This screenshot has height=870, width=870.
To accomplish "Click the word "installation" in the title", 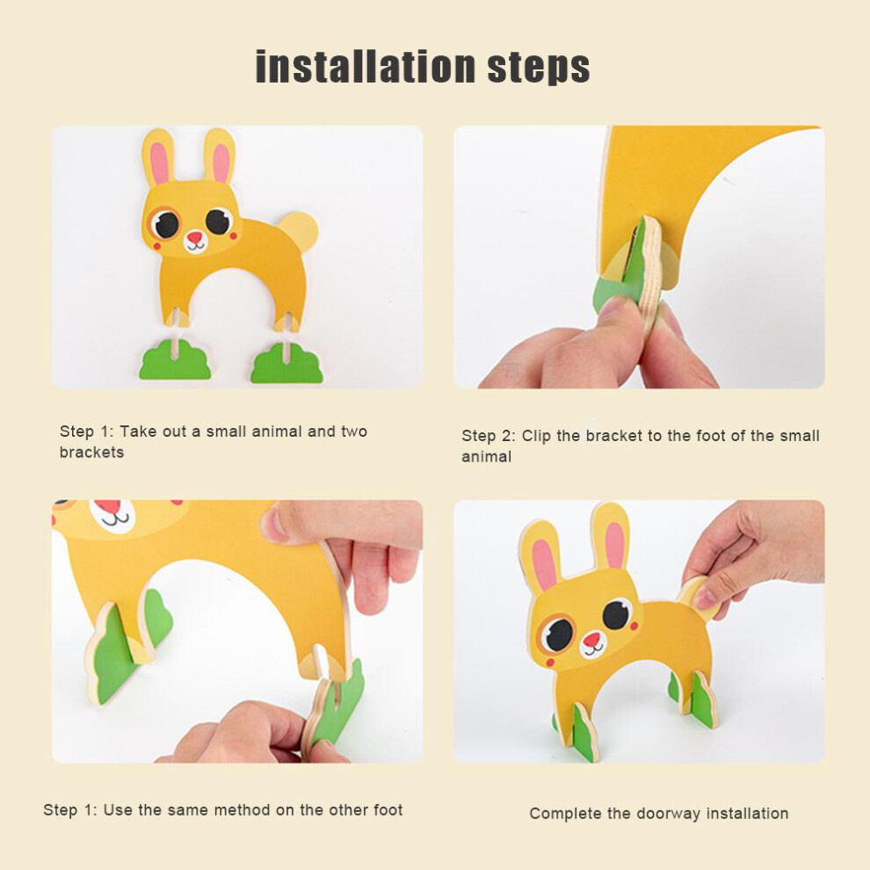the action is coord(365,67).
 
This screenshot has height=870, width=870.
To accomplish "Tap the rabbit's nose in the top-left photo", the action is coord(195,237).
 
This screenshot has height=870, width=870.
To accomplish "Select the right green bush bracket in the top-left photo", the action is coord(286,362).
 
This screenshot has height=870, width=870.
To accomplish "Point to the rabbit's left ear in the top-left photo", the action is coord(157,158).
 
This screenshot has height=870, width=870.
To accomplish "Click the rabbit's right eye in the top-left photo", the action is coord(218,221).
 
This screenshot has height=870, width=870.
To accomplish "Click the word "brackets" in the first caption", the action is coord(91,453).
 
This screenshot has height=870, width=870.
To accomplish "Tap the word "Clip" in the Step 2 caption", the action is coord(536,436).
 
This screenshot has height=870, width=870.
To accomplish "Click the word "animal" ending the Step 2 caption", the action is coord(486,457).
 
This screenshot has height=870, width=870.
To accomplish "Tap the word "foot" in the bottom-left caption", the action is coord(388,810).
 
